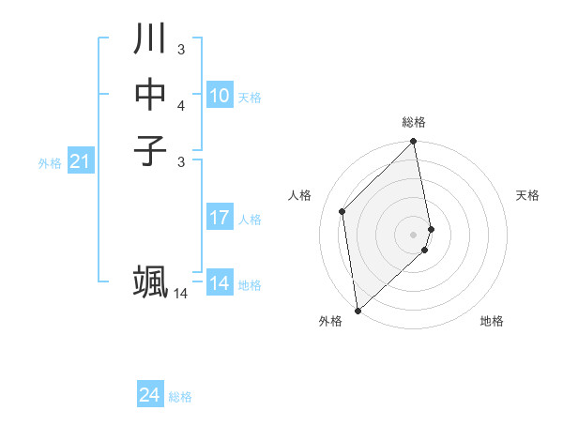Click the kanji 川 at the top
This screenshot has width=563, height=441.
click(150, 39)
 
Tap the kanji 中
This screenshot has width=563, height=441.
click(150, 95)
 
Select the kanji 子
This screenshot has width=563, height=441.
click(150, 151)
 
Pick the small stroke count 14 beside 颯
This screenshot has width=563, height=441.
click(181, 294)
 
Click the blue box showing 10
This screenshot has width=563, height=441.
click(219, 96)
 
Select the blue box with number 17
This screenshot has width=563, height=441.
click(219, 219)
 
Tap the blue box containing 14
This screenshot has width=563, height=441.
click(219, 284)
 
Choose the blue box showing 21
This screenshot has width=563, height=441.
click(80, 162)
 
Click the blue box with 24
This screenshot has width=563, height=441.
click(149, 396)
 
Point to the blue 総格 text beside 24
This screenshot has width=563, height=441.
click(180, 397)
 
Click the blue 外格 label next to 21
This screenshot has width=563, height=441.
click(50, 163)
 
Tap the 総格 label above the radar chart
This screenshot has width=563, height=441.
click(414, 122)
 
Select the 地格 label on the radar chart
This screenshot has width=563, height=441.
click(492, 322)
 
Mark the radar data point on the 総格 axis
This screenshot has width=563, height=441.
click(414, 143)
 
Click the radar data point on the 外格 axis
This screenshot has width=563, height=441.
click(358, 310)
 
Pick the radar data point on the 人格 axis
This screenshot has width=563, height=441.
click(342, 211)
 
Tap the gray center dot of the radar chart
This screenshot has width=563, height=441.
click(414, 234)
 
